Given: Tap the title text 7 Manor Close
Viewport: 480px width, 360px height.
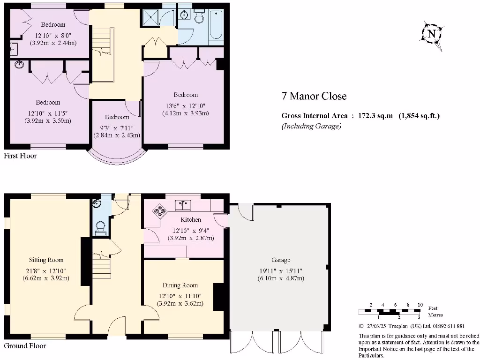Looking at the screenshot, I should (x=314, y=97).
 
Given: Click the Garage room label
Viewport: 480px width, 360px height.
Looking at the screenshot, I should (x=281, y=260).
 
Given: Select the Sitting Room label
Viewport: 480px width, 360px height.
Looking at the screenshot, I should (x=46, y=260).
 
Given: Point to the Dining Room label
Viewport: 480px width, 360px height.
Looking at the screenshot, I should (x=180, y=285).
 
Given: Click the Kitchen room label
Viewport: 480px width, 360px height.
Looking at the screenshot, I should (x=191, y=219).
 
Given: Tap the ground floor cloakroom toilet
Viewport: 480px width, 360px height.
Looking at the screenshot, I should (x=100, y=227).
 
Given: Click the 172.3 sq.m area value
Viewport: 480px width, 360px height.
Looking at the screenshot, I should (x=372, y=116).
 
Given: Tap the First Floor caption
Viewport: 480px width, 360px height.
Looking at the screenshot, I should (x=20, y=156).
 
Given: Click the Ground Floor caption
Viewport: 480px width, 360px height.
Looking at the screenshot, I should (x=25, y=346).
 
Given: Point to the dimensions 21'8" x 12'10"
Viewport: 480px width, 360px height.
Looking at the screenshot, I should (x=46, y=270).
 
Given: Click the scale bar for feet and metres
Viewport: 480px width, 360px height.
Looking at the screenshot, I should (x=390, y=311).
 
